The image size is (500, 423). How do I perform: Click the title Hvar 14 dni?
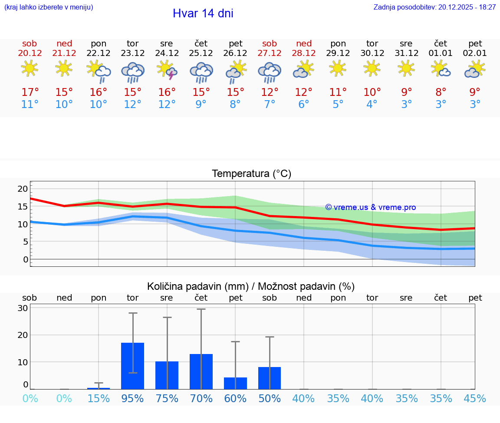(203, 13)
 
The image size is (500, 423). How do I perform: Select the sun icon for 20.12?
(30, 69)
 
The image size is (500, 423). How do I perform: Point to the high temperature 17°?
(30, 92)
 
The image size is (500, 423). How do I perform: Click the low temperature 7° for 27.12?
(270, 105)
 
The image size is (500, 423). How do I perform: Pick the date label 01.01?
(441, 53)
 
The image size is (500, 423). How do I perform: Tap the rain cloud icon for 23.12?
(133, 72)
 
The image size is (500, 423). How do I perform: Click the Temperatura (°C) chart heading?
(251, 174)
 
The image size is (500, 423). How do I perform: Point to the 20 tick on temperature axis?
(23, 189)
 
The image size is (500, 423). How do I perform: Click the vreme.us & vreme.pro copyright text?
(371, 207)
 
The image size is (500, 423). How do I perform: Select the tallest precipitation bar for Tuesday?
(132, 366)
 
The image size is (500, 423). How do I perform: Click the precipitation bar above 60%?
(235, 383)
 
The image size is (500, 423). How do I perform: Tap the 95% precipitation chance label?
(132, 399)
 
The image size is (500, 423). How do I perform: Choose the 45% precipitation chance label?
(475, 399)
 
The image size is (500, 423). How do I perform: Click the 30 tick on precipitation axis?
(23, 308)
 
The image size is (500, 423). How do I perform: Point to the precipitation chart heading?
(251, 286)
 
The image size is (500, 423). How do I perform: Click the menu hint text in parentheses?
(49, 7)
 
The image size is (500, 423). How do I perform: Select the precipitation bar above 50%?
(270, 378)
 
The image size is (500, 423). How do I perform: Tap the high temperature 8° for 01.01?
(441, 92)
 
